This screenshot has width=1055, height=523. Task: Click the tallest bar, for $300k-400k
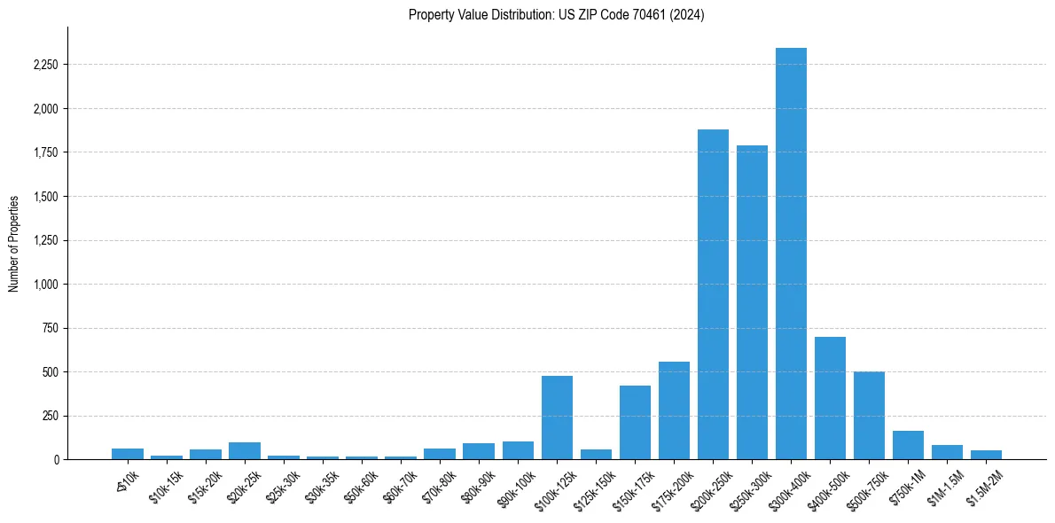coord(791,254)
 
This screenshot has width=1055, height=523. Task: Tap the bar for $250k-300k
coord(752,302)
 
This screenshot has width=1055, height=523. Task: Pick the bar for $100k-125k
coord(557,418)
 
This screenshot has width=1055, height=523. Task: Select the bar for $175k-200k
coord(674,410)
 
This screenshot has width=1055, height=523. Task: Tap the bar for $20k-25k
coord(245,450)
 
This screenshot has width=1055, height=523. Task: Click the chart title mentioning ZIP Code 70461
coord(557,15)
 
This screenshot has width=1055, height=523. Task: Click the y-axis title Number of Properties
coord(14,243)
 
